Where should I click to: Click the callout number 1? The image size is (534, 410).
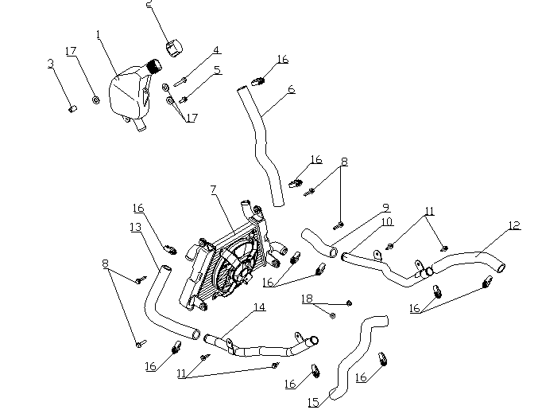click(98, 35)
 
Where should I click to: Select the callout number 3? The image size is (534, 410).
click(50, 64)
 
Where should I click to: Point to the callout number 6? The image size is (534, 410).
click(292, 89)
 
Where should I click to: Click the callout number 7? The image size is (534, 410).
click(213, 189)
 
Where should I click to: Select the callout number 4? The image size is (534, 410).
click(215, 50)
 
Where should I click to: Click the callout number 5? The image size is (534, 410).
click(215, 70)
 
